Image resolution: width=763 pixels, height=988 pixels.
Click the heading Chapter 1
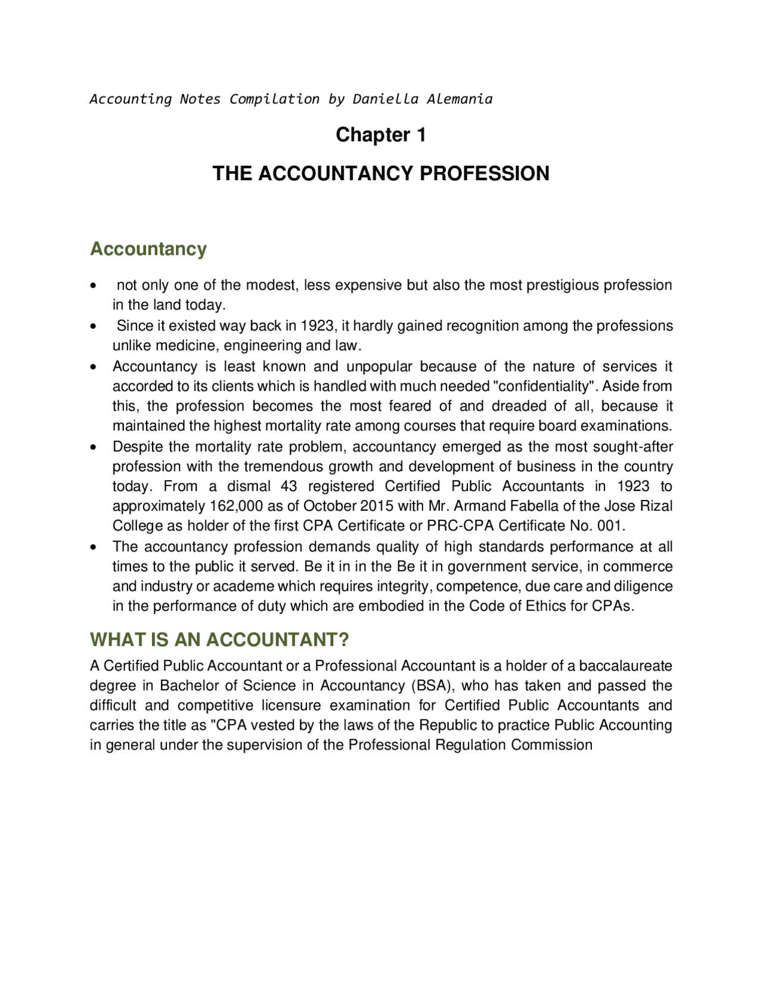(x=380, y=135)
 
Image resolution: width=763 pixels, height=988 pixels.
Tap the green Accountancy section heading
(x=148, y=249)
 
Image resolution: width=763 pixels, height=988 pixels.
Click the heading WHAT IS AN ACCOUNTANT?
(x=219, y=640)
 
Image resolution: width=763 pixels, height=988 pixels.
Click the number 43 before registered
(x=289, y=486)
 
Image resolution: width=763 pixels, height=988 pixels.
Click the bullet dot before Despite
(x=93, y=447)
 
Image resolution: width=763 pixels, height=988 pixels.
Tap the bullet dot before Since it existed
(x=93, y=326)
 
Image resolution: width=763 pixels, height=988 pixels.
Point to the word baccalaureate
(x=625, y=666)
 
